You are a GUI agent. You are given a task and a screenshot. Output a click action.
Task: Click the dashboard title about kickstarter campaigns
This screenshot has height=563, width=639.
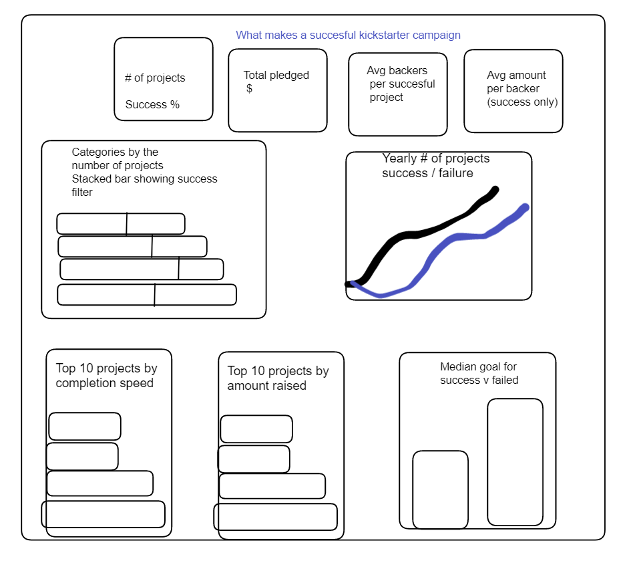coord(348,35)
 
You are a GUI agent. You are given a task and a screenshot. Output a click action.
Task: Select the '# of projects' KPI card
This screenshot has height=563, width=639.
coord(163,79)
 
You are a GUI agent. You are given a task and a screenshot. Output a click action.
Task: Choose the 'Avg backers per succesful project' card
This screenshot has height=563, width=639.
coord(397,94)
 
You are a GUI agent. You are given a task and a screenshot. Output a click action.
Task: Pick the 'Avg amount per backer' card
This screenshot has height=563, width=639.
coord(513,91)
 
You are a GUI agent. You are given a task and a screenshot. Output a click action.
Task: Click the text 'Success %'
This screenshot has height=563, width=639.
coord(152,105)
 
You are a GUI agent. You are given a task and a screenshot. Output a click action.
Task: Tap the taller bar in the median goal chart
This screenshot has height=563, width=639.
coord(515,461)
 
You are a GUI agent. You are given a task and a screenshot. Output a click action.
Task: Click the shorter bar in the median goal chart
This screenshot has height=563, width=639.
coord(440,489)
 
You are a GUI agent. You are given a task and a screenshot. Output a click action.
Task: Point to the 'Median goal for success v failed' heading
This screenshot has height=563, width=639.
coord(479,373)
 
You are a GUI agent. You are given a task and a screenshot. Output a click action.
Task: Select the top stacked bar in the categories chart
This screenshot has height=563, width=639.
coord(120,224)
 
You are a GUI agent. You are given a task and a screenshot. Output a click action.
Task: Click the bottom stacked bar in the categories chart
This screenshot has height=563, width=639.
coord(147,295)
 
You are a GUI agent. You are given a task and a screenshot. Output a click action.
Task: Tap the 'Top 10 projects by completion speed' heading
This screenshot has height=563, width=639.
coord(106,376)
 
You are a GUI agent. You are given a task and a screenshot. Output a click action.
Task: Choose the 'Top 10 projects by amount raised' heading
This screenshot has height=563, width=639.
coord(278,378)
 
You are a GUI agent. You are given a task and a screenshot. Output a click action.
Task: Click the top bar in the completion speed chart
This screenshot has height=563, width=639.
coord(85,427)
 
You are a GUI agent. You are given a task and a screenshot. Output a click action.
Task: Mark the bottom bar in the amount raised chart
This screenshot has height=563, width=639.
coord(275,517)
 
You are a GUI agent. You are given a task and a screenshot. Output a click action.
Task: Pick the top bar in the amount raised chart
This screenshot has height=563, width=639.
coord(256,429)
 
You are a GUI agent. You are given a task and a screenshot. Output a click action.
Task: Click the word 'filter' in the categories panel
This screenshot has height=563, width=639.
coord(82,193)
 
